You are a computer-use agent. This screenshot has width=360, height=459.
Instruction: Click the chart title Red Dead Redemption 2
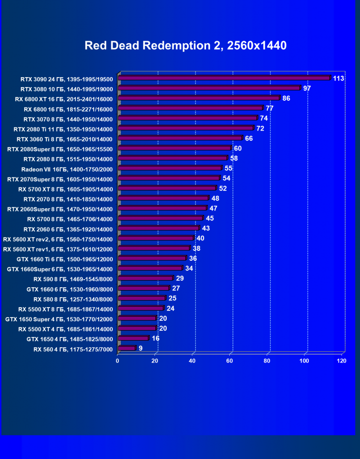(186, 46)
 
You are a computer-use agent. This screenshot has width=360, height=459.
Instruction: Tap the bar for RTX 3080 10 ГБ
(209, 88)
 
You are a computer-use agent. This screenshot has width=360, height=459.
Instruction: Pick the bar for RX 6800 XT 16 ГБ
(199, 98)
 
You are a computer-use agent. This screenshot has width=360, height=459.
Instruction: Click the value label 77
(270, 108)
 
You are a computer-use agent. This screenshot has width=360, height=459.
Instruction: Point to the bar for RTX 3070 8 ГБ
(188, 118)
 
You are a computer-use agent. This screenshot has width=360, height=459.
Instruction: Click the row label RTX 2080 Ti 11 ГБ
(63, 129)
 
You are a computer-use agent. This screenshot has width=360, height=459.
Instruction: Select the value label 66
(249, 138)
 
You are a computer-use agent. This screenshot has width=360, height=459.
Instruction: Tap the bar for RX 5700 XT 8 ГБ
(167, 188)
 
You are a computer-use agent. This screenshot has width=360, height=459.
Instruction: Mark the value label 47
(213, 208)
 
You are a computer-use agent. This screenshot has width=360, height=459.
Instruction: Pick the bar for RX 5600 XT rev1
(153, 248)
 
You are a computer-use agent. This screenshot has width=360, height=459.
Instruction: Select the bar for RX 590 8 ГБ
(145, 278)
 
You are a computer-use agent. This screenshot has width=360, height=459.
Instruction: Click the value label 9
(141, 348)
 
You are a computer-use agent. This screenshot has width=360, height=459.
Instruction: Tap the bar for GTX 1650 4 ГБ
(133, 338)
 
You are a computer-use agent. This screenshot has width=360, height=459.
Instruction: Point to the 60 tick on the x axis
(230, 361)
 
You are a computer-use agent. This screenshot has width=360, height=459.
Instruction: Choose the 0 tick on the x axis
(117, 361)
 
